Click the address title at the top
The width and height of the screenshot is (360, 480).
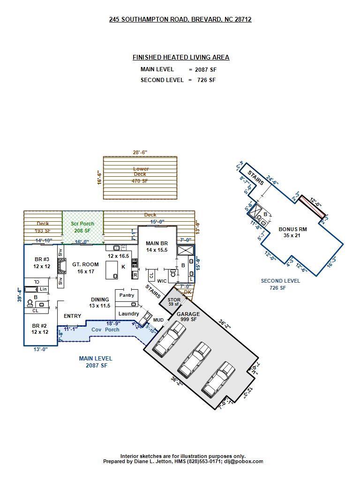click(180, 19)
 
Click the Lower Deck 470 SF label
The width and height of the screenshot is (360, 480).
click(140, 175)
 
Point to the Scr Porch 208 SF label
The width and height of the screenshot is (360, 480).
click(82, 227)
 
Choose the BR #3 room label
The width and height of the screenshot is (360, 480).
click(42, 263)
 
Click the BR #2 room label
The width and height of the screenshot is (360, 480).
click(40, 329)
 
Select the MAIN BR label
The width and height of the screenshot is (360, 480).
click(157, 247)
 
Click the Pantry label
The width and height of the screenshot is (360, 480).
click(127, 295)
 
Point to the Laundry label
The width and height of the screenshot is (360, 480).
click(128, 314)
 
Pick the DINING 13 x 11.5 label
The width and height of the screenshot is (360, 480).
click(100, 303)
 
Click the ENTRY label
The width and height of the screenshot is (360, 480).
click(72, 316)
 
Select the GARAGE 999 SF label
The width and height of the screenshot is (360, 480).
click(188, 316)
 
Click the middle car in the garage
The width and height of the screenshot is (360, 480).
click(194, 360)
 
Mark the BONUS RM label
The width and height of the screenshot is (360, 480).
click(292, 232)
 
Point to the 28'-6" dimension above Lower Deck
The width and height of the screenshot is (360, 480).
click(140, 152)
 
